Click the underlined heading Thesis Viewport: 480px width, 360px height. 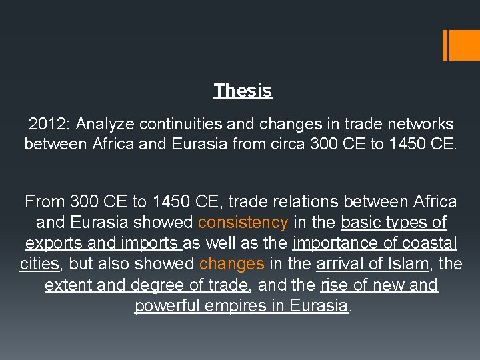(x=243, y=91)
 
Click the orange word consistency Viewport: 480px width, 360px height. (x=243, y=223)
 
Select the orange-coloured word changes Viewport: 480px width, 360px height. (x=232, y=264)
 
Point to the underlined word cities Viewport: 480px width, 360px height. (x=40, y=264)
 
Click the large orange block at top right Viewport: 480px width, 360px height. (x=465, y=45)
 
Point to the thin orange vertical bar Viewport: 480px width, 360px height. (x=445, y=45)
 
